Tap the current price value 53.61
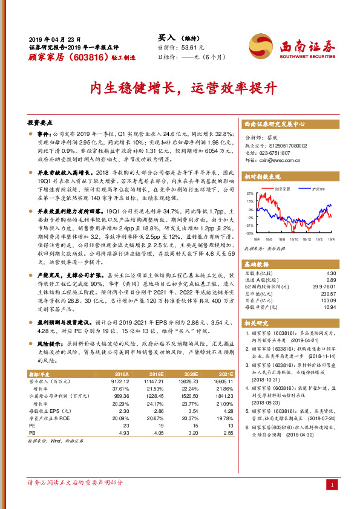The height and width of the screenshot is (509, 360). tap(188, 47)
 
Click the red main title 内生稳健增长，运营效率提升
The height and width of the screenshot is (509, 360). tap(180, 87)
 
